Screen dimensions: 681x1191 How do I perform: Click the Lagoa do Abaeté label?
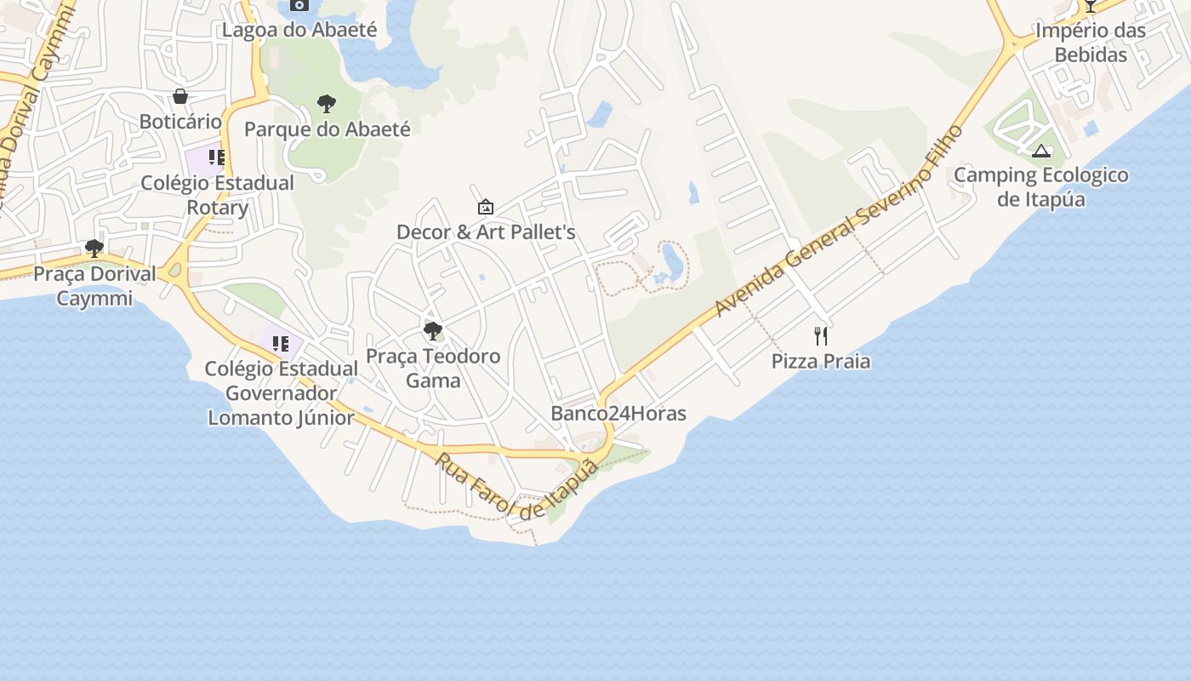[x=299, y=30]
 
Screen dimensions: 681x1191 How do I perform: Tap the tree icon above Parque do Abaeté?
[x=326, y=104]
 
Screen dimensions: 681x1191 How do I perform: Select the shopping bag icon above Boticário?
[x=180, y=96]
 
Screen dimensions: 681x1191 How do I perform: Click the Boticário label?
[x=180, y=122]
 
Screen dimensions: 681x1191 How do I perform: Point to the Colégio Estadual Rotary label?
[x=217, y=195]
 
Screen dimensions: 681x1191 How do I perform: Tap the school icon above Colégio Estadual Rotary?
[x=217, y=157]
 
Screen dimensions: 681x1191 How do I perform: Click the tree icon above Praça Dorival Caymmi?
[x=94, y=249]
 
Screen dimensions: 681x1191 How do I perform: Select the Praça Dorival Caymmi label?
[x=94, y=286]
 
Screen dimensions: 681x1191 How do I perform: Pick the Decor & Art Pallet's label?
[x=486, y=232]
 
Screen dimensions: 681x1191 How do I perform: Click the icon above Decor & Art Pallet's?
[x=486, y=207]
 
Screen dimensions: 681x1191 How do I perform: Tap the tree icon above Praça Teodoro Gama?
[x=433, y=330]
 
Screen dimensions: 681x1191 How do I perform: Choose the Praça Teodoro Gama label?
[x=433, y=368]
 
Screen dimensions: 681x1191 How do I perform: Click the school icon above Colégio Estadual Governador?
[x=281, y=344]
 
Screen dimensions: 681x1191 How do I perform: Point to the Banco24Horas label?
[x=618, y=414]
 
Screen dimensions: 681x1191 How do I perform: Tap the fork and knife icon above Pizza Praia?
[x=821, y=336]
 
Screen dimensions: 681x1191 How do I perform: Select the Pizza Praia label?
[x=821, y=361]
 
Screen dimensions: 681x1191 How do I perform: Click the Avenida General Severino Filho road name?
[x=839, y=220]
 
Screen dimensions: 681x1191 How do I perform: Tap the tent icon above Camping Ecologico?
[x=1040, y=152]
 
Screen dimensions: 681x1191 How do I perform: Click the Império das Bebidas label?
[x=1091, y=43]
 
